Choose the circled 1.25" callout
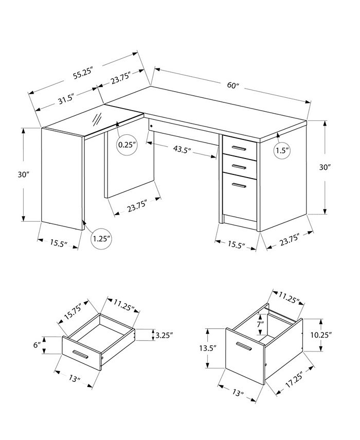tap(102, 239)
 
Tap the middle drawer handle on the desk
tap(238, 166)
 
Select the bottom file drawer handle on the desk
tap(238, 184)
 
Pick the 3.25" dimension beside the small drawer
tap(164, 335)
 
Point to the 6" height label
tap(37, 345)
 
